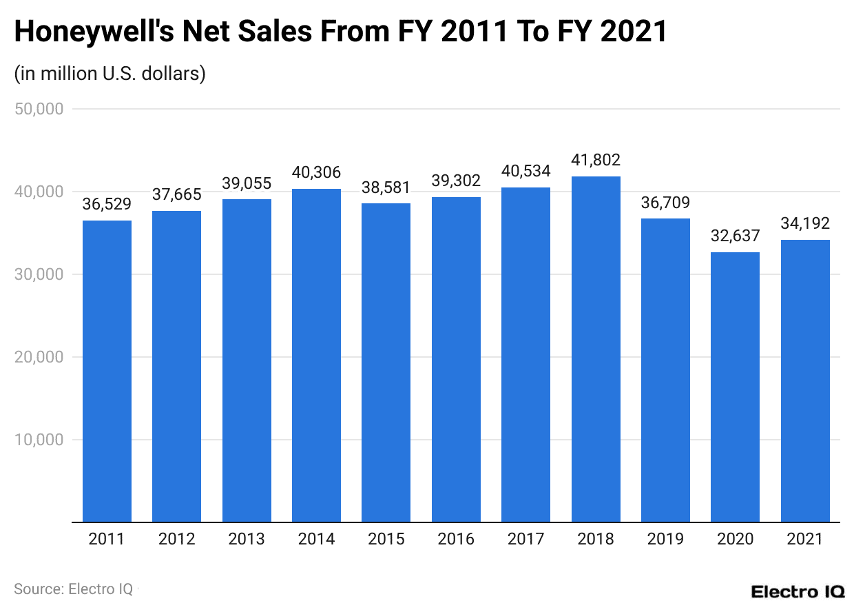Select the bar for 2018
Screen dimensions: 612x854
596,349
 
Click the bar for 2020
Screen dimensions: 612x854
735,387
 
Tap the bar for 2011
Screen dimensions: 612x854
107,371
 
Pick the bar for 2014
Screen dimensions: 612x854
316,356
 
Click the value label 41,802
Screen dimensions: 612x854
596,161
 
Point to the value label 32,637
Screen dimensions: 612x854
735,236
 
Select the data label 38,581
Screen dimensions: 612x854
386,187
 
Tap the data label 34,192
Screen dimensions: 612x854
805,223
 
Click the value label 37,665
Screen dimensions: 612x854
176,195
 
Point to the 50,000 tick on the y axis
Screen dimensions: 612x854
39,109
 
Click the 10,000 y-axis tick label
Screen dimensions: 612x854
39,440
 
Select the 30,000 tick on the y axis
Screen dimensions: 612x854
39,274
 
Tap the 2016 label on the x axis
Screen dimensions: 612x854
456,539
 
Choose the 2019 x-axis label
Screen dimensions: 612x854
665,539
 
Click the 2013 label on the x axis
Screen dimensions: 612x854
247,539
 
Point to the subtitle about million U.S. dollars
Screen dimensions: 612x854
110,74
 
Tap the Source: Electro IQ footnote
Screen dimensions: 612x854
74,589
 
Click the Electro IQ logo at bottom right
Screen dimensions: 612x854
798,591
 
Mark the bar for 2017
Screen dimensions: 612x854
525,355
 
